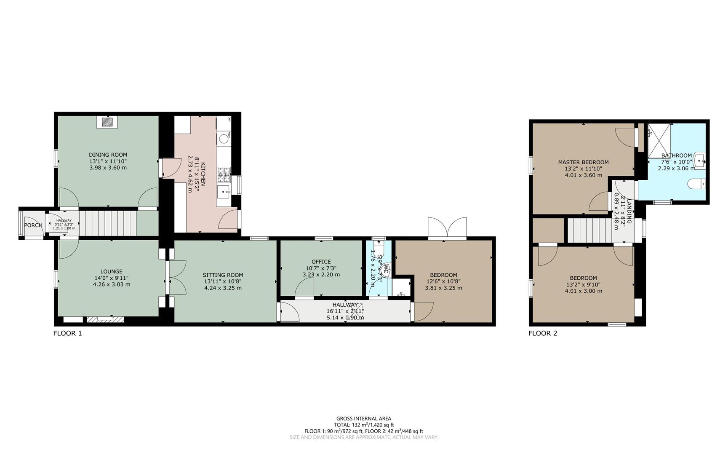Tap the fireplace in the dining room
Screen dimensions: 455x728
[x=108, y=122]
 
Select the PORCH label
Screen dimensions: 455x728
[x=33, y=225]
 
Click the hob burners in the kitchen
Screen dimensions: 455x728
[x=224, y=174]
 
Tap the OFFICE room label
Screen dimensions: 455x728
[x=321, y=262]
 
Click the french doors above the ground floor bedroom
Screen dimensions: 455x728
[x=447, y=228]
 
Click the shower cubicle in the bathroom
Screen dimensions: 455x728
[x=658, y=141]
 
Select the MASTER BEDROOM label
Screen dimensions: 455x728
[x=583, y=162]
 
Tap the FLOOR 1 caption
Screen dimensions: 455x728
[x=67, y=333]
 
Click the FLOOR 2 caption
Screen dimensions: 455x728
[x=543, y=333]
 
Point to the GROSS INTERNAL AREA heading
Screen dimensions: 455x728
[x=363, y=418]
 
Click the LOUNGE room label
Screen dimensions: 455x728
[x=111, y=272]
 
